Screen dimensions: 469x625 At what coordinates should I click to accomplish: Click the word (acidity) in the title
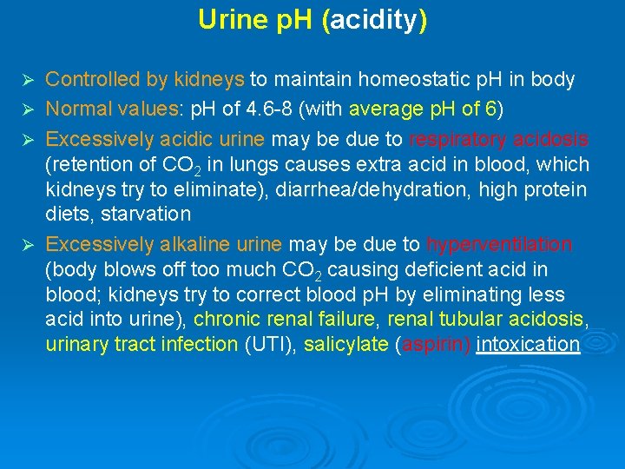tap(374, 20)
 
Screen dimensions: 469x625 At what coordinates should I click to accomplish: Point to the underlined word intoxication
tap(528, 345)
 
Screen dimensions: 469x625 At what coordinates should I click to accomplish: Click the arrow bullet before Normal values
tap(25, 110)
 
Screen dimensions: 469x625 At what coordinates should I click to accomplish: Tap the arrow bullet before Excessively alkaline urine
tap(25, 246)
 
